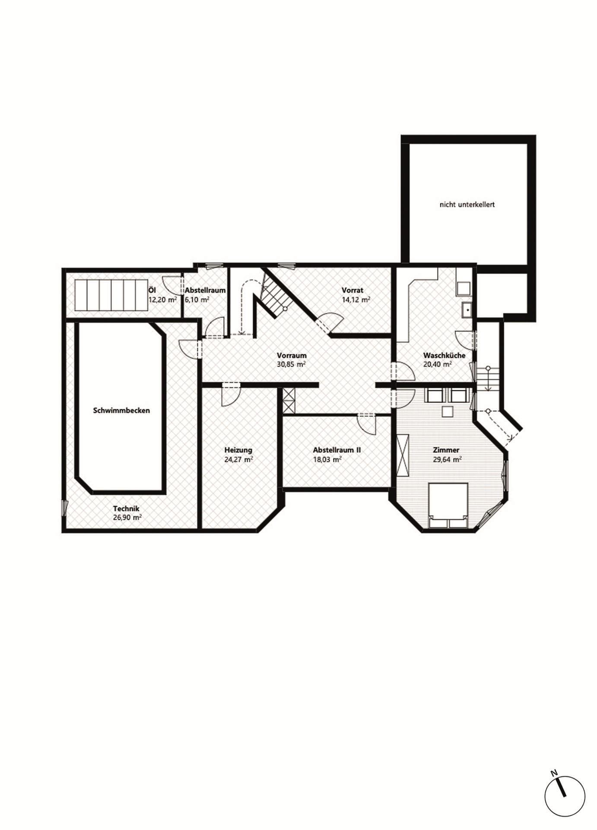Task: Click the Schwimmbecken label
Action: (121, 410)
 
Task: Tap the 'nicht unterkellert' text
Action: (467, 204)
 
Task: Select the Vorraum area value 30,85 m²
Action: (292, 364)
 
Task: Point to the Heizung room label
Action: (238, 450)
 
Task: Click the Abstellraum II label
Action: (337, 450)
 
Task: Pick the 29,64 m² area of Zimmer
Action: (447, 460)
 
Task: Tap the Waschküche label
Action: (444, 355)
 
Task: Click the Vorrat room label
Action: (352, 290)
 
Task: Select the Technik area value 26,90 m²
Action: (127, 517)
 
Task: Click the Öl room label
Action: (152, 290)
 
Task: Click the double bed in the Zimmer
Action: (448, 505)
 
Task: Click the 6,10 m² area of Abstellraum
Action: (197, 299)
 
